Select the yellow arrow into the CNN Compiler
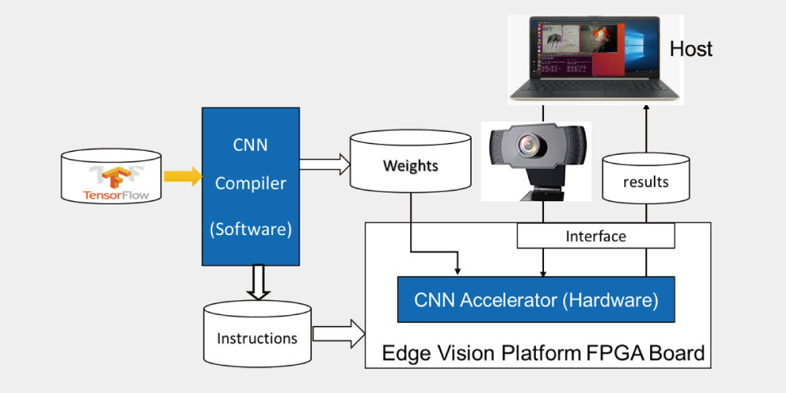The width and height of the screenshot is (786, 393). (x=183, y=176)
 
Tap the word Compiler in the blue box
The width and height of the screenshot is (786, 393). (x=251, y=183)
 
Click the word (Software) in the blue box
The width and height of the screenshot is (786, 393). (x=251, y=229)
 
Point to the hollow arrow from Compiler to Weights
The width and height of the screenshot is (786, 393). (x=325, y=164)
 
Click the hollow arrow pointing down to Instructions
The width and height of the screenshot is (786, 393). (x=259, y=282)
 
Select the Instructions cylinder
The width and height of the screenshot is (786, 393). (x=257, y=334)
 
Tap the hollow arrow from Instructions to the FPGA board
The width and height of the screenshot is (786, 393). (x=339, y=333)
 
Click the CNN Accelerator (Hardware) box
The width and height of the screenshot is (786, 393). (x=536, y=299)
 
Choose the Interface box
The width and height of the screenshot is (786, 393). (x=596, y=236)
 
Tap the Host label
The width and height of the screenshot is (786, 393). (x=691, y=49)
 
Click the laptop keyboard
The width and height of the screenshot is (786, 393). (x=595, y=88)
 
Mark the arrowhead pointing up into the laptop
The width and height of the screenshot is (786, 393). (x=646, y=108)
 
